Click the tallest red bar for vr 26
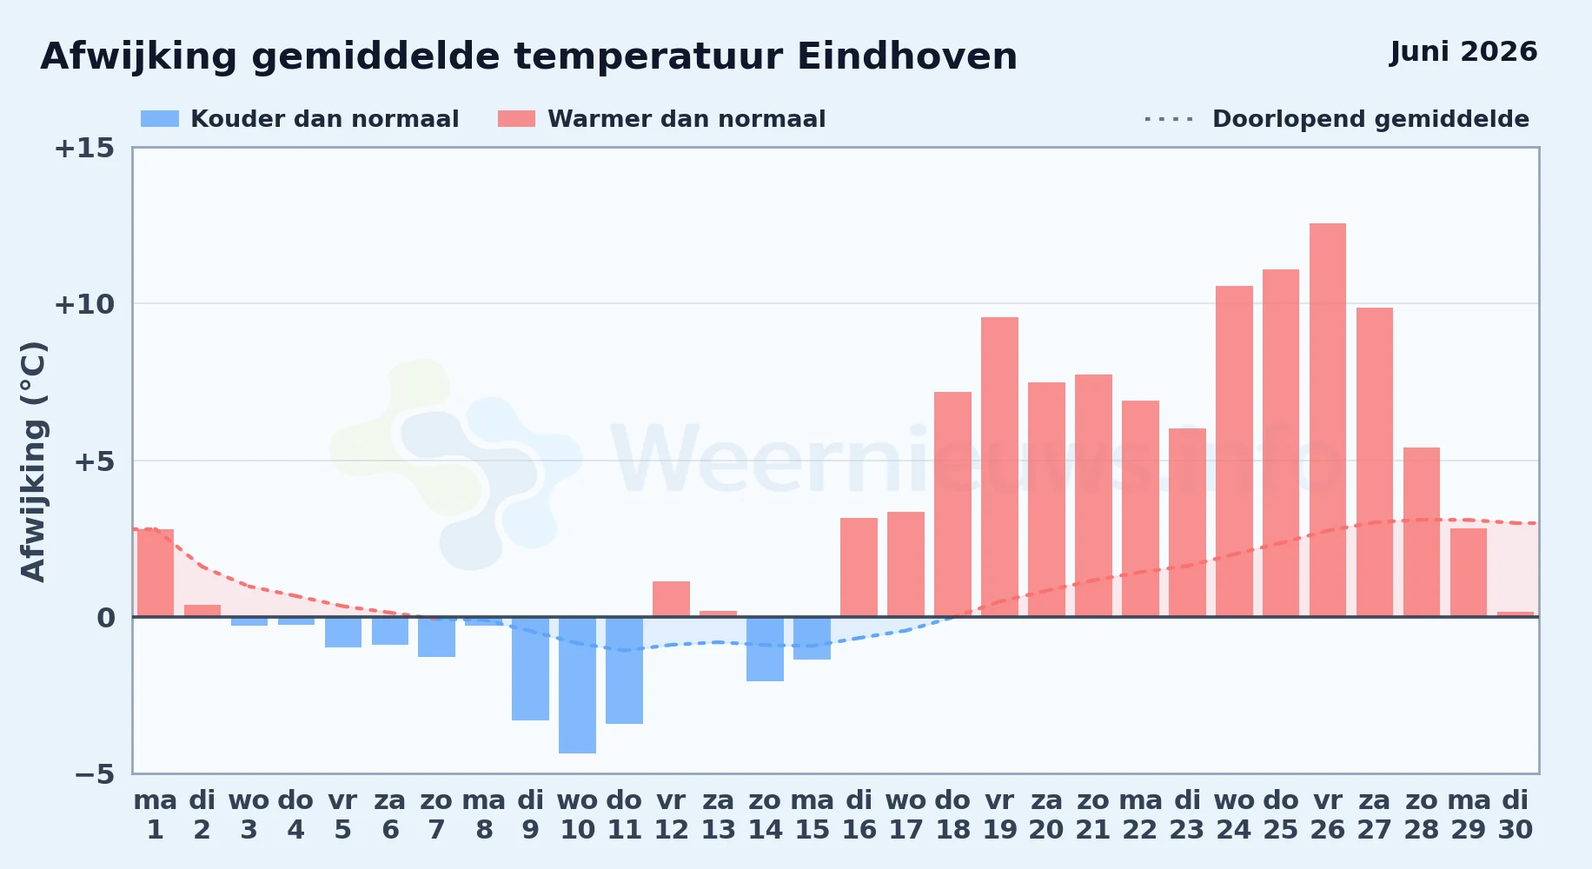[x=1328, y=420]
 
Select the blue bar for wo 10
[x=577, y=685]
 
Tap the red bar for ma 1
[x=156, y=573]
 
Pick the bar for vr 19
[x=999, y=467]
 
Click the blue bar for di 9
[x=530, y=668]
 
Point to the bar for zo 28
[x=1422, y=532]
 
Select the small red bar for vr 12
[x=671, y=599]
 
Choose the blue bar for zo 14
[x=765, y=649]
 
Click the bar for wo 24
[x=1234, y=451]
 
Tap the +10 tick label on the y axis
[x=84, y=304]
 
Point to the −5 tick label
[x=95, y=774]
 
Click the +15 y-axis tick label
[x=84, y=148]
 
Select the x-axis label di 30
[x=1516, y=815]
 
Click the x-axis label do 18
[x=952, y=815]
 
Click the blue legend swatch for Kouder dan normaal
[x=160, y=119]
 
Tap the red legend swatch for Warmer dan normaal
[x=516, y=119]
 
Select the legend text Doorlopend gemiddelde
[x=1370, y=119]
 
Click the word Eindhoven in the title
[x=907, y=56]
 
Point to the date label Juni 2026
[x=1463, y=51]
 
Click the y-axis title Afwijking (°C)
[x=33, y=461]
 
